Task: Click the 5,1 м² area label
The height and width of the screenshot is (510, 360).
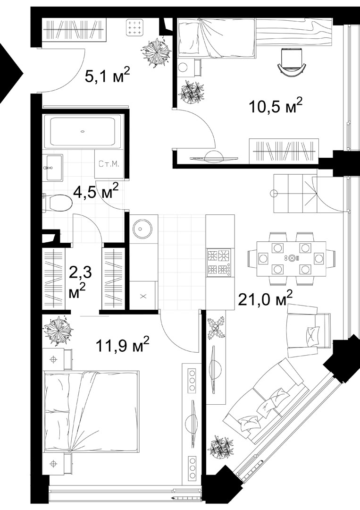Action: [107, 75]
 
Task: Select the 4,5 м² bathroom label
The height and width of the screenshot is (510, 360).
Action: [95, 191]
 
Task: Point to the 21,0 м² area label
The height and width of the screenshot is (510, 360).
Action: [265, 298]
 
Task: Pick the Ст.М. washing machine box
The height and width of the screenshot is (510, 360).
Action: [109, 164]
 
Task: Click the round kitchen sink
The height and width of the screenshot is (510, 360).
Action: [142, 229]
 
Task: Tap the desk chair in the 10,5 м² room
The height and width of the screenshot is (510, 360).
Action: [292, 62]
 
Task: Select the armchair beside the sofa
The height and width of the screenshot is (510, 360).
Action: [309, 331]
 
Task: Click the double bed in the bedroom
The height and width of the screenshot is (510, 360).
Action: [92, 411]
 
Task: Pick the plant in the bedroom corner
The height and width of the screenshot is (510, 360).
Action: [58, 331]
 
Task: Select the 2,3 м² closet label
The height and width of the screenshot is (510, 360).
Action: [80, 281]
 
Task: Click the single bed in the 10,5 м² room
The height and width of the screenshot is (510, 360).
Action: [216, 38]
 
